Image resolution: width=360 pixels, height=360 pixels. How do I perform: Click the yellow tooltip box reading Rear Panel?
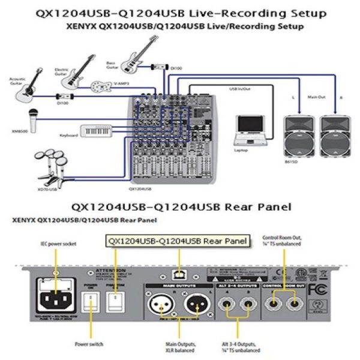tap(178, 241)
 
